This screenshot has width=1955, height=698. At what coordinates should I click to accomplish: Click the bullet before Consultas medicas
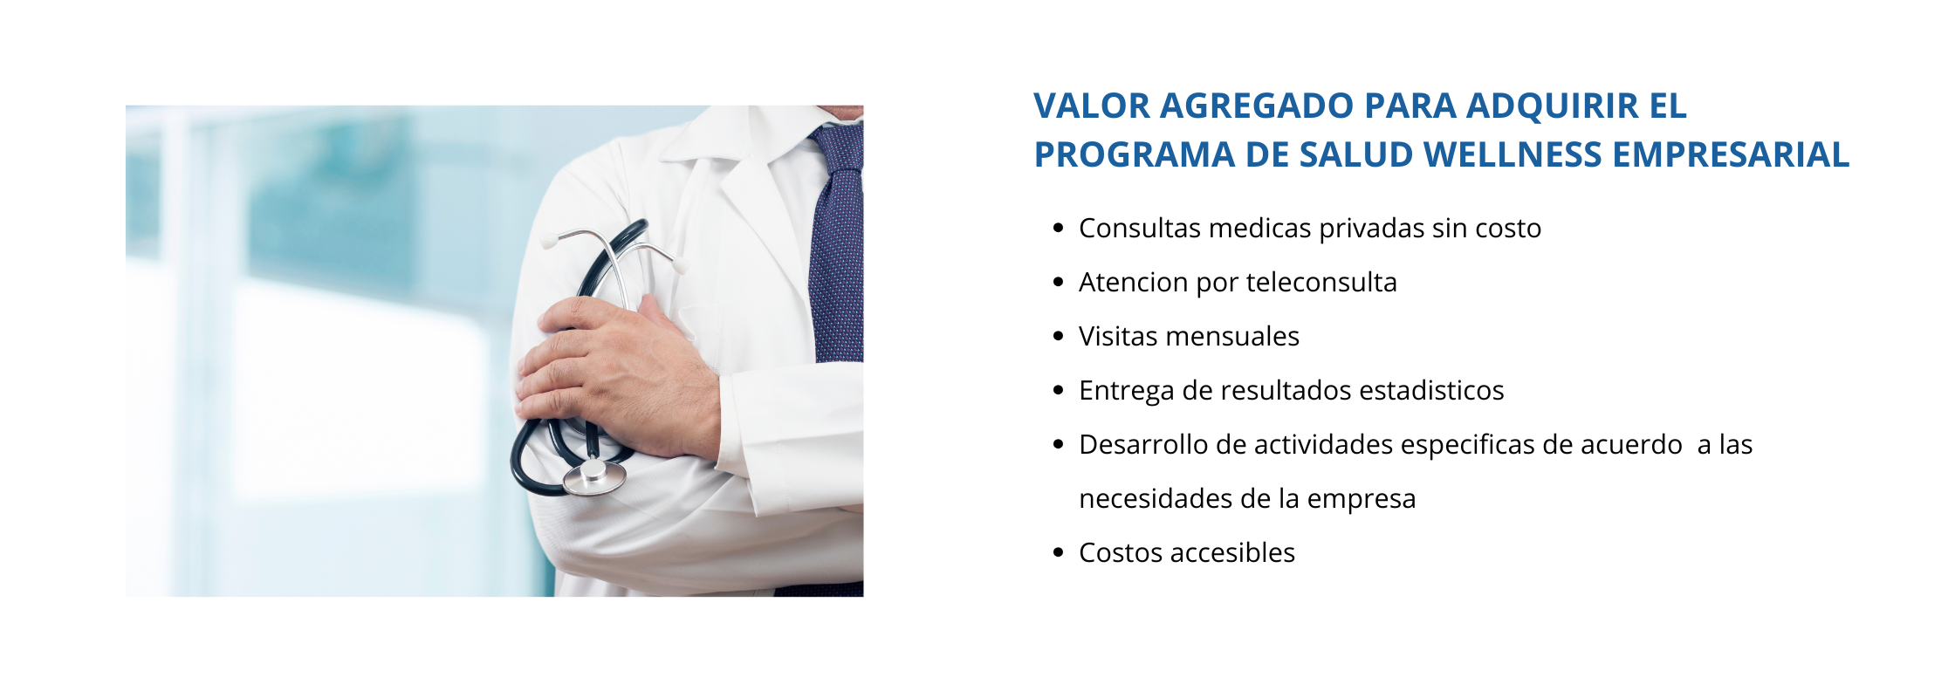pos(1059,229)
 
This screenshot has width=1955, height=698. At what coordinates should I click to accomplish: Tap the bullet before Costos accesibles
pos(1059,553)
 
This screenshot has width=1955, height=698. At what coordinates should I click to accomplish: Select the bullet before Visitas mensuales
pos(1059,337)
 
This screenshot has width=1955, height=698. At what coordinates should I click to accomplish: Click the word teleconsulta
pos(1321,282)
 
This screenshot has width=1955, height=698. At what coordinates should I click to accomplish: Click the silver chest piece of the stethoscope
pos(594,476)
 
